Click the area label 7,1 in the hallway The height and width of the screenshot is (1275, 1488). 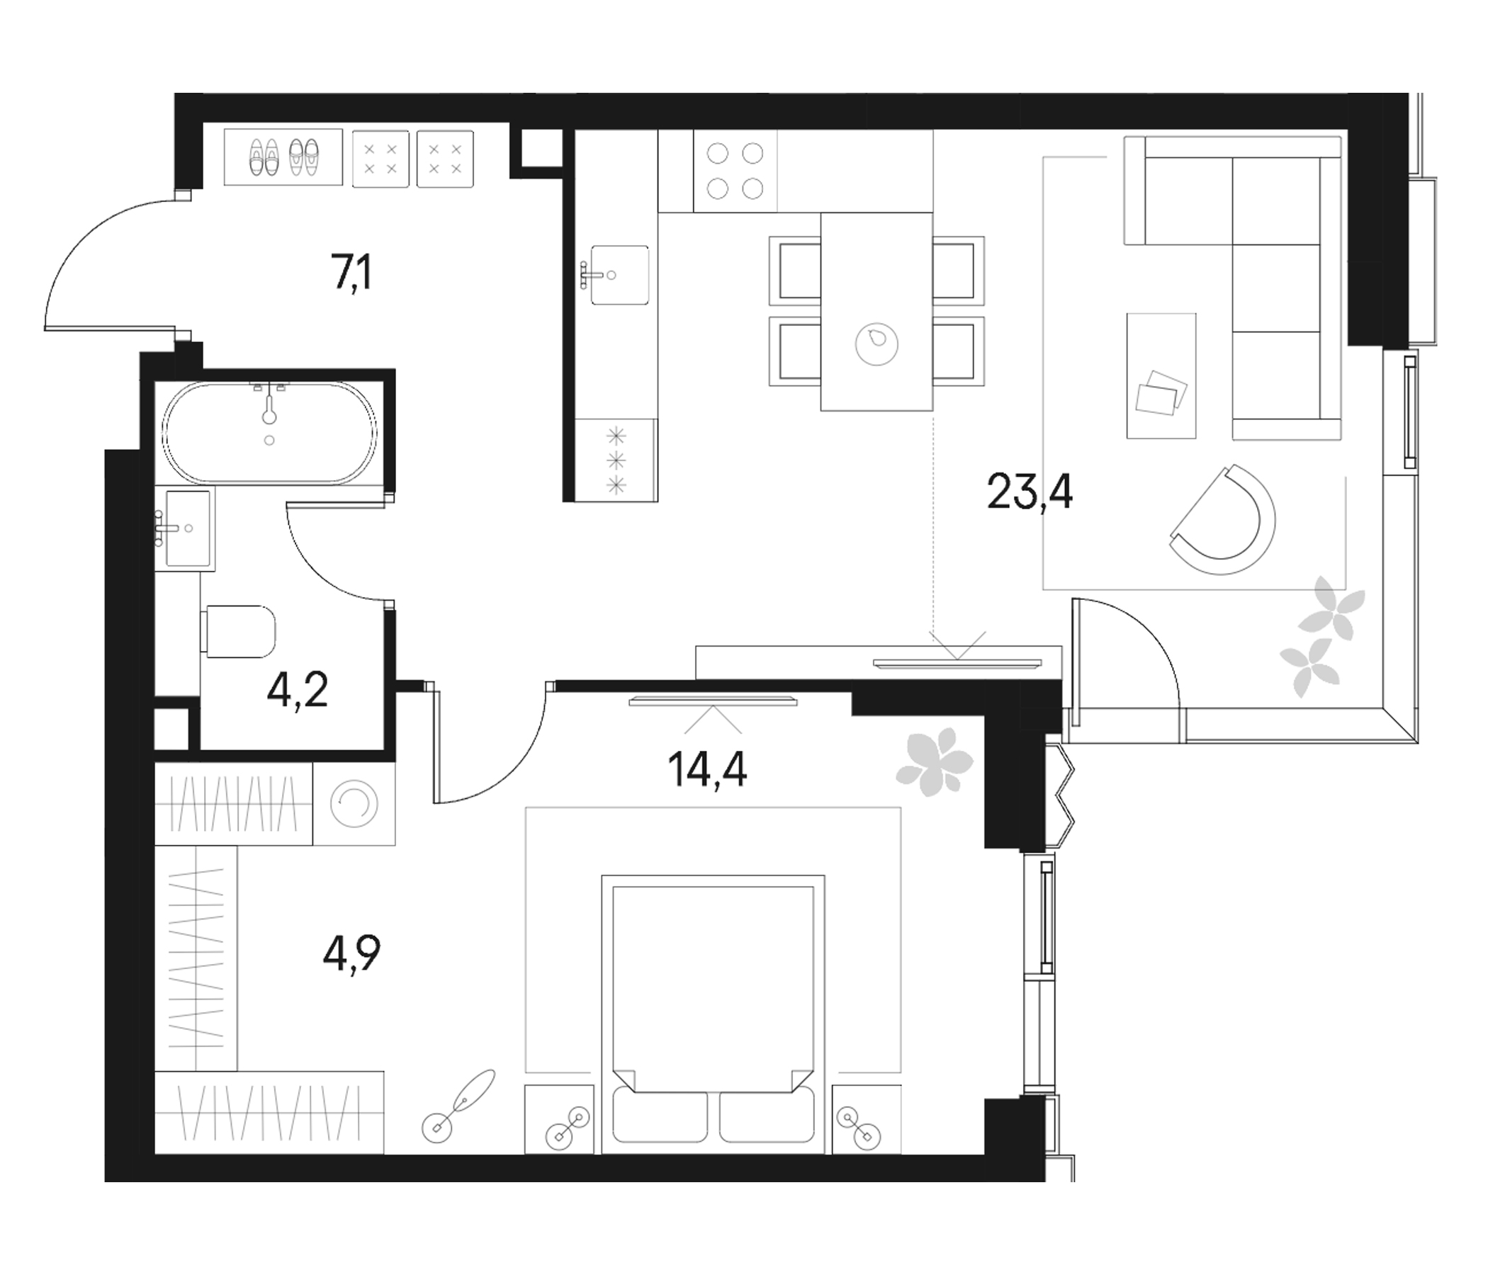point(352,276)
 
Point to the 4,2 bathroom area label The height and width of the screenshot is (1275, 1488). point(298,691)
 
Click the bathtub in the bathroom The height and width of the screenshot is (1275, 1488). point(269,431)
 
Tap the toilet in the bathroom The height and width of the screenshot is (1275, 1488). point(240,631)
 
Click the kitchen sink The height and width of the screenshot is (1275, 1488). point(619,275)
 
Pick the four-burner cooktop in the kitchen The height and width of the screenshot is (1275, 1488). point(735,171)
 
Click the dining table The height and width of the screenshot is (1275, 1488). point(876,312)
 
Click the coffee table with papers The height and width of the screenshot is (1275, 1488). point(1161,375)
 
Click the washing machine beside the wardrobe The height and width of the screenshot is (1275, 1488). point(354,803)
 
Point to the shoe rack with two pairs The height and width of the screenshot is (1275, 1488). point(282,157)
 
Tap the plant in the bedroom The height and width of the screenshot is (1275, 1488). point(934,761)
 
